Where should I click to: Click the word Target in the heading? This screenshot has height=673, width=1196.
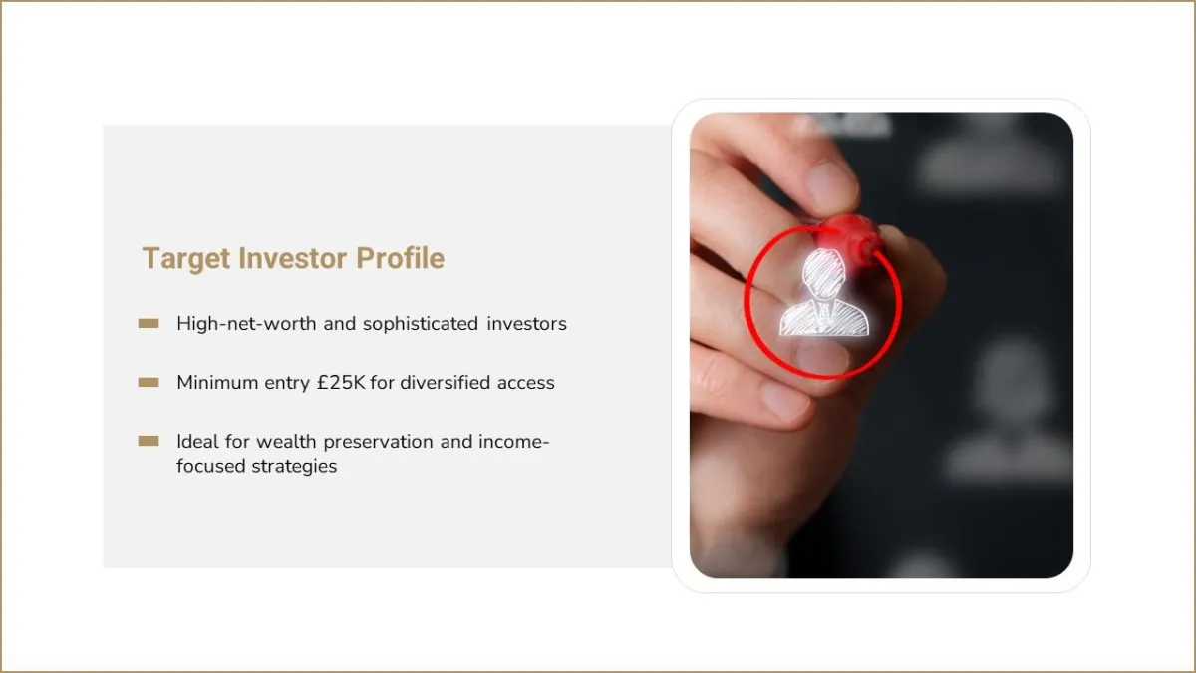click(185, 259)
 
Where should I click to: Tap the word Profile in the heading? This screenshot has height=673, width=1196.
click(400, 258)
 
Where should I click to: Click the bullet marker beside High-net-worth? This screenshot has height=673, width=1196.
click(149, 324)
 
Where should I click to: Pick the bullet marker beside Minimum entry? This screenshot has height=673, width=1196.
click(149, 383)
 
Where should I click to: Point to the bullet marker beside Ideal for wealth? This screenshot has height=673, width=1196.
click(149, 441)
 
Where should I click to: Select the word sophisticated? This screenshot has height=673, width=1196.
click(421, 324)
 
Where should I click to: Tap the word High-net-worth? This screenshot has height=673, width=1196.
click(246, 324)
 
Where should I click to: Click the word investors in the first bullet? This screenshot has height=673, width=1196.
click(526, 324)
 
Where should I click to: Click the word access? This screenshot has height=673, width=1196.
click(526, 383)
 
